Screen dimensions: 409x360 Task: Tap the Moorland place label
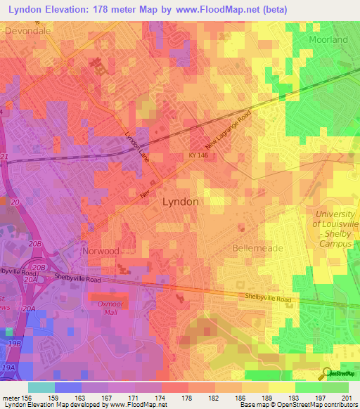[328, 40]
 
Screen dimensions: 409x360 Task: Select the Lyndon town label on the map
[181, 201]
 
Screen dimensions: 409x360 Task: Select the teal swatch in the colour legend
[41, 387]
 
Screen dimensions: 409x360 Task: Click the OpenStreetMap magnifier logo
[328, 374]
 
